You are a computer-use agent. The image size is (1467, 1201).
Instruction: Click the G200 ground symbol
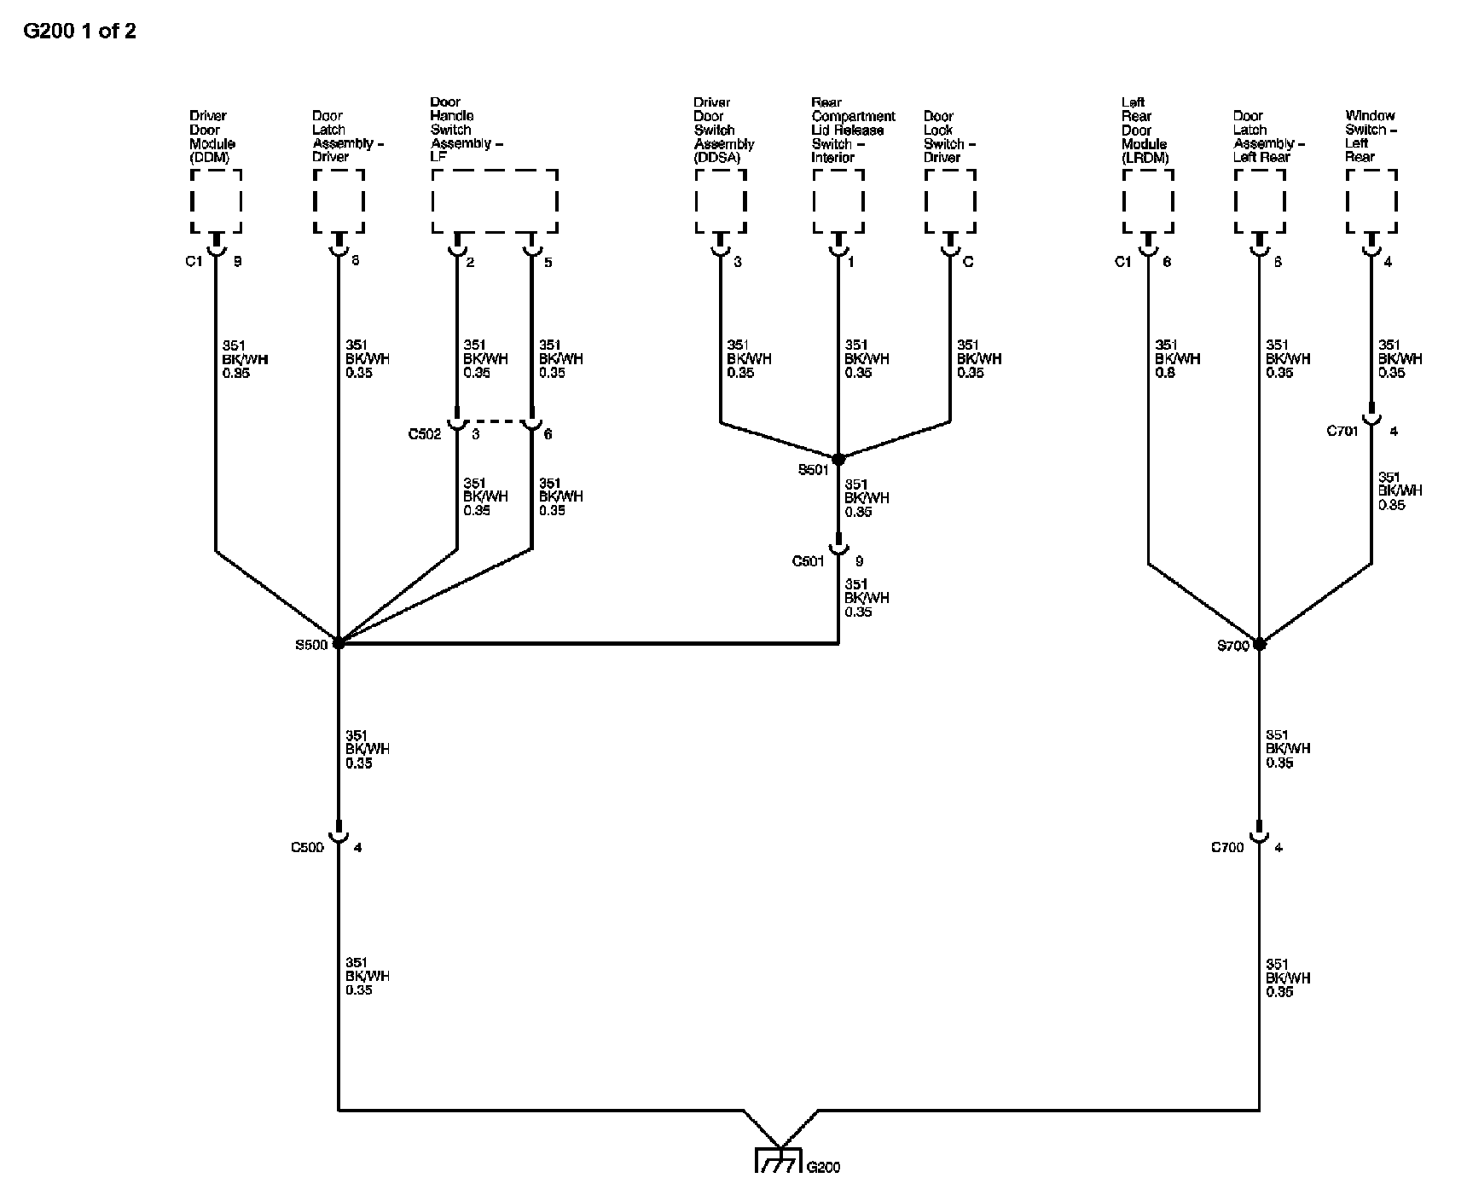pos(778,1161)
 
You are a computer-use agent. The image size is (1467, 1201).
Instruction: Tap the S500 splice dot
pos(339,643)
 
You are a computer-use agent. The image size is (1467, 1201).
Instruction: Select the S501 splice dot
pos(838,459)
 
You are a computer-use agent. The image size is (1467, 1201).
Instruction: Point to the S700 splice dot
pos(1259,644)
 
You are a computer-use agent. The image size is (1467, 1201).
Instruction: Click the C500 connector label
pos(307,847)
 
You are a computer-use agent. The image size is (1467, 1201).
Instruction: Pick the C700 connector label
pos(1227,847)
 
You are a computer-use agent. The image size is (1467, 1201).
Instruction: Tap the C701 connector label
pos(1342,431)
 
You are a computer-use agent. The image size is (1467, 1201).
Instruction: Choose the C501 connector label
pos(808,561)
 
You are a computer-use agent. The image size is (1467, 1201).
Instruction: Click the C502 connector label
pos(425,434)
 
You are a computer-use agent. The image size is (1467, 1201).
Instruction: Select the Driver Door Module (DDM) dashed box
pos(216,201)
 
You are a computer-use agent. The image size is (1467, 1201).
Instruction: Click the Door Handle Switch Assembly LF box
pos(495,201)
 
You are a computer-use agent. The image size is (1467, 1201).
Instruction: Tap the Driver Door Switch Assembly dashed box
pos(721,201)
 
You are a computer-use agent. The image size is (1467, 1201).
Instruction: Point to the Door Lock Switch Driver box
pos(950,201)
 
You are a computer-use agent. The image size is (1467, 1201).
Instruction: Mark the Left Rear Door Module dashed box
pos(1148,201)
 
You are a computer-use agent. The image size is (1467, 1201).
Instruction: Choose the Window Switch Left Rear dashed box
pos(1371,201)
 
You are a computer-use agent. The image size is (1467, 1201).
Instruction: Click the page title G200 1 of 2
pos(79,32)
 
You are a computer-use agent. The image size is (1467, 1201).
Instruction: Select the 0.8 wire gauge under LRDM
pos(1164,373)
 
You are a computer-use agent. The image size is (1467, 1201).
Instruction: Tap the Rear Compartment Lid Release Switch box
pos(838,201)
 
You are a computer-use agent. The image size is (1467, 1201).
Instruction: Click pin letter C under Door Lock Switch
pos(968,262)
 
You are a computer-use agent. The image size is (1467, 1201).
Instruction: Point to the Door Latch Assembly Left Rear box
pos(1260,201)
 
